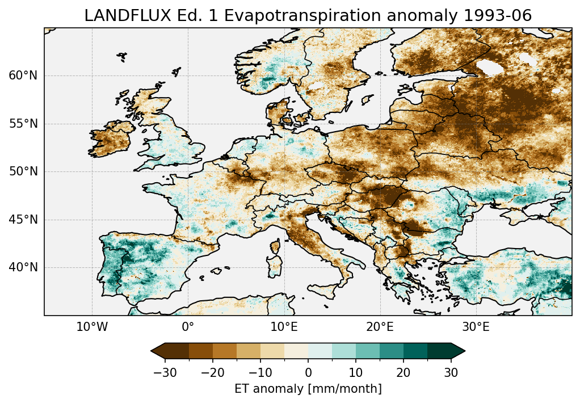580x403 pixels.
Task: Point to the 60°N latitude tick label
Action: coord(23,75)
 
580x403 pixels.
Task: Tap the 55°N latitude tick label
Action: coord(23,124)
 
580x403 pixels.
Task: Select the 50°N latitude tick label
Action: coord(23,171)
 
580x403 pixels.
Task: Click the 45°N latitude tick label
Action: coord(23,220)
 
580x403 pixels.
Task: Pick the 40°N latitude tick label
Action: coord(23,267)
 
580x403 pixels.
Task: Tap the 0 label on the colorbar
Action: coord(308,372)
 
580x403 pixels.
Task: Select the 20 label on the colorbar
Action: coord(404,372)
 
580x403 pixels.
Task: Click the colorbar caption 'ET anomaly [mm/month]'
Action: coord(308,389)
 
